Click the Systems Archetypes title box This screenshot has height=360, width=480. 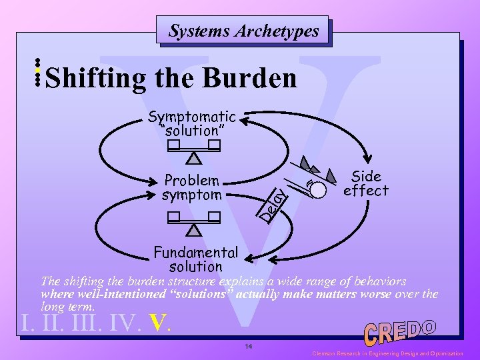243,31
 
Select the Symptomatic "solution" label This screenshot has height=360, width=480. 192,123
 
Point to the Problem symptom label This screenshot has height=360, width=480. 191,188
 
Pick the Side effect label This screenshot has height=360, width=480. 365,183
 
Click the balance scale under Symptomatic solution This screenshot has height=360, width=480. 194,151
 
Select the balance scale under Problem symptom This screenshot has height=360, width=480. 194,223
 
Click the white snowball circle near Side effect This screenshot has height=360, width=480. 318,189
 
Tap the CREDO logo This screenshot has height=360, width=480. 399,332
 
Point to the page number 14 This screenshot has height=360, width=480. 248,347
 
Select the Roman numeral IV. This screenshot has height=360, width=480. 124,324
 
